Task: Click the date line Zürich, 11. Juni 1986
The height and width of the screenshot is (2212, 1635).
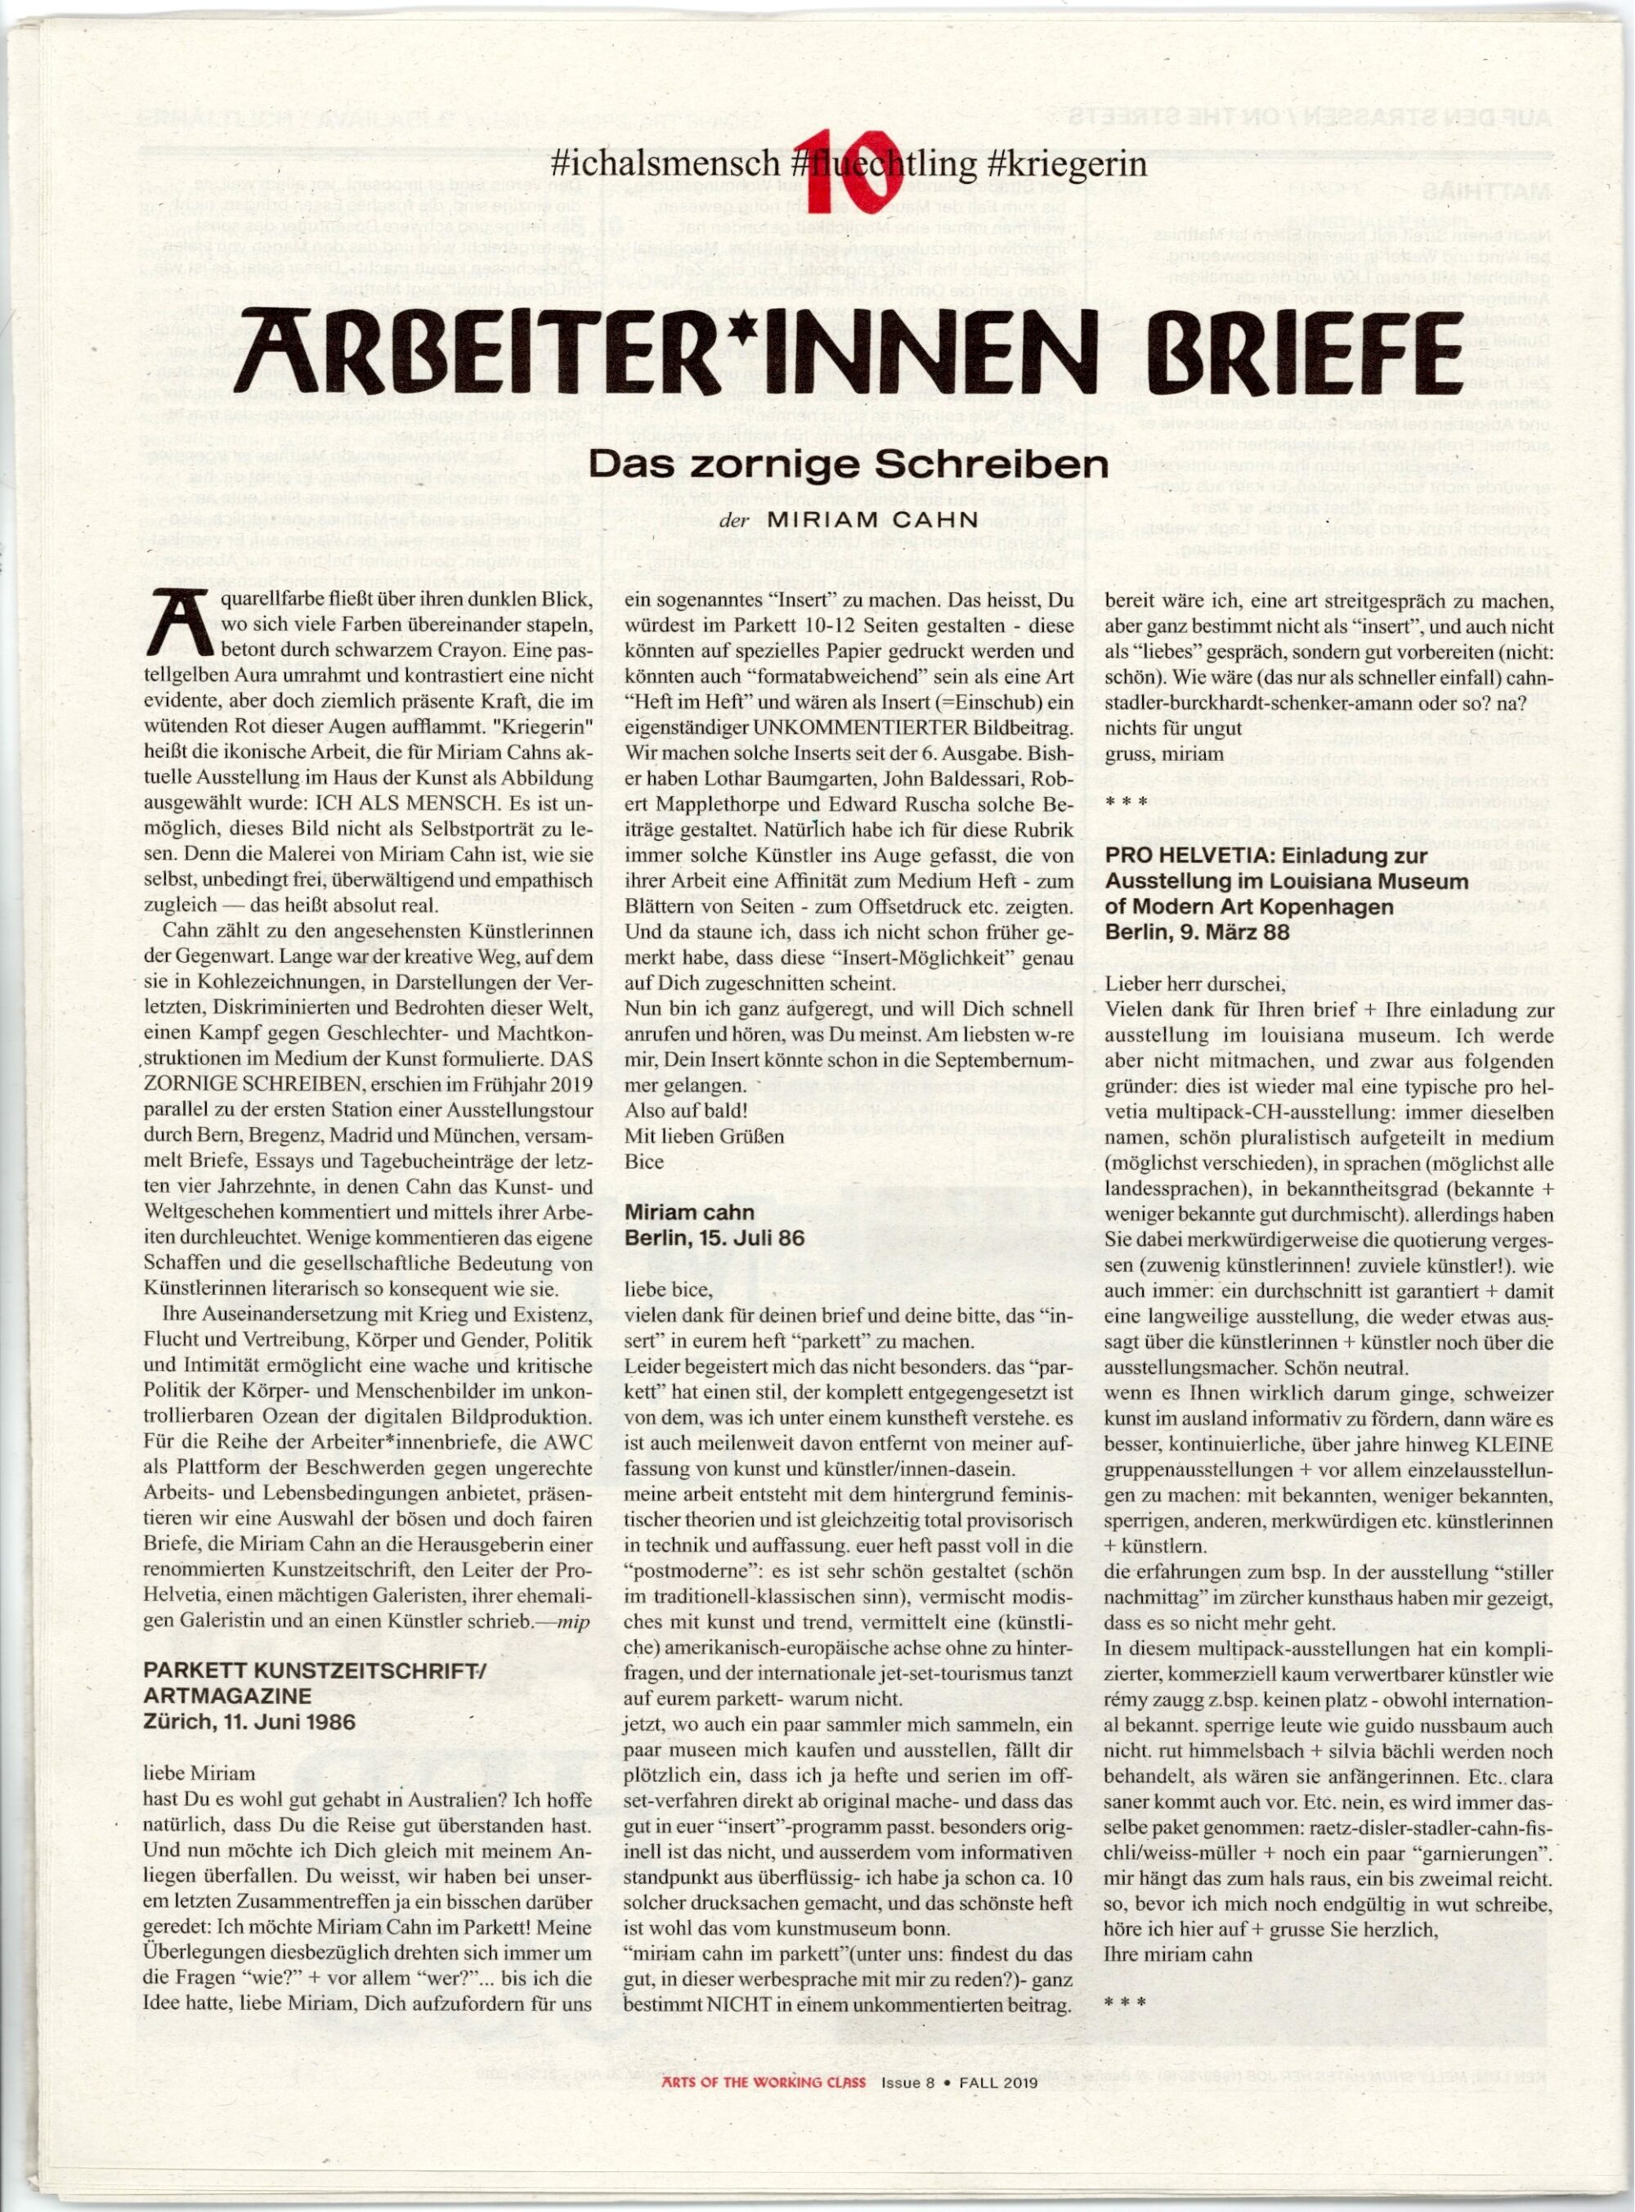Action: click(249, 1722)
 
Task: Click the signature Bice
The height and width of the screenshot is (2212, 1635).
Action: click(644, 1162)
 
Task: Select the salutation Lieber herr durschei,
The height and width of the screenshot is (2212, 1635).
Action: click(1195, 984)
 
